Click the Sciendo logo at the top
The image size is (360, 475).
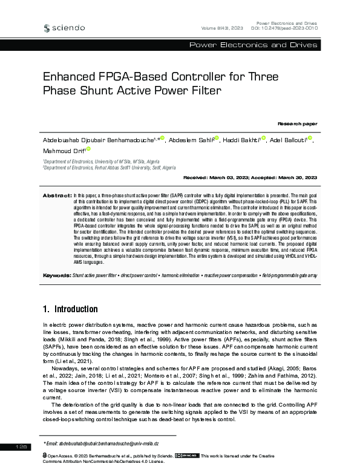point(64,27)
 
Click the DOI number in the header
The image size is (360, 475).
point(292,28)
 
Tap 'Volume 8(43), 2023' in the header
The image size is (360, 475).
point(221,28)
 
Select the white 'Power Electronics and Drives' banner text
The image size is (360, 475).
point(253,45)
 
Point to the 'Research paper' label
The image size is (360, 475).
point(297,123)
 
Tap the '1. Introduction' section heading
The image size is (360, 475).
point(70,309)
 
